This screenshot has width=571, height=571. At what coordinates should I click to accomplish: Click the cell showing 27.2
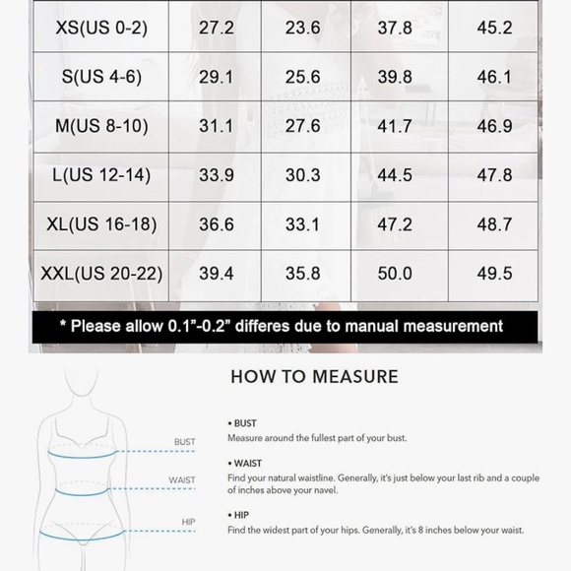pyautogui.click(x=216, y=28)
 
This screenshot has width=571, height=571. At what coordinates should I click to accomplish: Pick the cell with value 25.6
pyautogui.click(x=302, y=77)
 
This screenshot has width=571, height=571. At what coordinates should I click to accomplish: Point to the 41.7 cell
pyautogui.click(x=396, y=126)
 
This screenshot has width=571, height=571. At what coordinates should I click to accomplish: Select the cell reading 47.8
pyautogui.click(x=493, y=175)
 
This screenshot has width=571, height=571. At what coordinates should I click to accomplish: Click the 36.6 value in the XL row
pyautogui.click(x=216, y=224)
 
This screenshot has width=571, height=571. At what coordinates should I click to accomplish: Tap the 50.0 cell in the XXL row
pyautogui.click(x=396, y=274)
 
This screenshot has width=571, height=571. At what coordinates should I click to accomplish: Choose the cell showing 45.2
pyautogui.click(x=493, y=28)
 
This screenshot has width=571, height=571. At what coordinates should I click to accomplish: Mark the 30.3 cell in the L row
pyautogui.click(x=302, y=175)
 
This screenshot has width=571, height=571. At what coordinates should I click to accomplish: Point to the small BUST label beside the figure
pyautogui.click(x=184, y=442)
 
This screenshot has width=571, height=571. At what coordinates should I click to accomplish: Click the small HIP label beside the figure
pyautogui.click(x=187, y=521)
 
